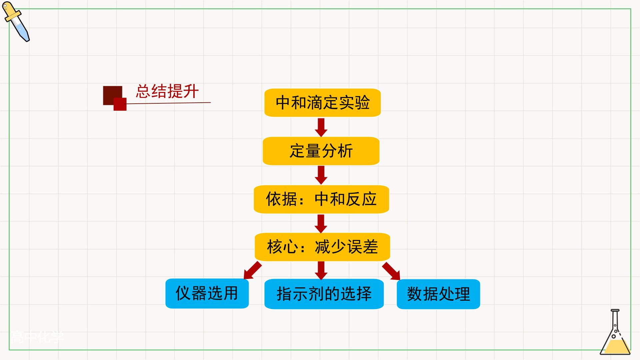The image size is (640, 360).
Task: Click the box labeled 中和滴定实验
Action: (322, 103)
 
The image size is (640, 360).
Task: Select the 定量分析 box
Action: (321, 151)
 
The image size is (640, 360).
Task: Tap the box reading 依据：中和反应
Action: (321, 199)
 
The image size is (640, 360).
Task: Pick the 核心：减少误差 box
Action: (322, 247)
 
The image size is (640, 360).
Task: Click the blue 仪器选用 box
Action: (207, 294)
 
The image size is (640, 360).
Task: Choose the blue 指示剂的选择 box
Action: (324, 294)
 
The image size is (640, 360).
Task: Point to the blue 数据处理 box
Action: (438, 294)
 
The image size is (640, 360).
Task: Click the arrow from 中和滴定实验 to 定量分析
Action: (321, 127)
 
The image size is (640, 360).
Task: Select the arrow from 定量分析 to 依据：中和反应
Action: (321, 175)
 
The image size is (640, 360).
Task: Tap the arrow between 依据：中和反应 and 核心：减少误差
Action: (321, 224)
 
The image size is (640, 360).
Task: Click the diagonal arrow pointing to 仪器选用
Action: (253, 270)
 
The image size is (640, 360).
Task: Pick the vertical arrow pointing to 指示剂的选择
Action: (321, 271)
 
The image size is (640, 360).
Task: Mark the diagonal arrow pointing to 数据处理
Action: (391, 271)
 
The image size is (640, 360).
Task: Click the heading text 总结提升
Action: (167, 91)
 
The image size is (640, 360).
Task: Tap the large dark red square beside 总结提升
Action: (113, 96)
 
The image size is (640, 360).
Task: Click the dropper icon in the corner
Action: (16, 22)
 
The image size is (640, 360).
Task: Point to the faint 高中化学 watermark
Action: (37, 337)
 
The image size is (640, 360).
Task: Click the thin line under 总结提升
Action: (169, 103)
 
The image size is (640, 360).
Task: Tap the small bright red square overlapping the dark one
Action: (120, 104)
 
